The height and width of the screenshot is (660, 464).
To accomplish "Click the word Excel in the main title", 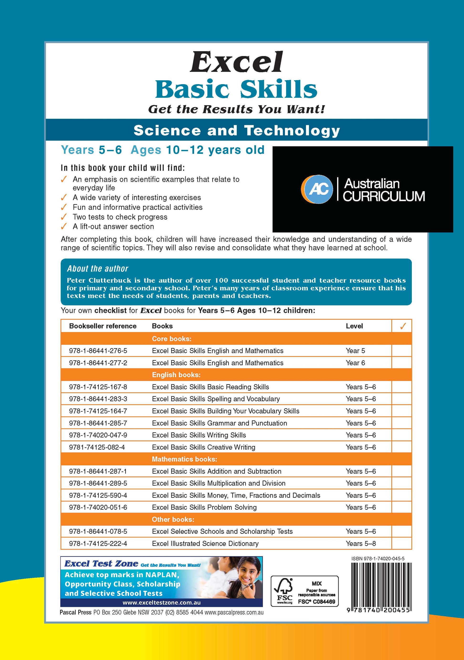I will [236, 62].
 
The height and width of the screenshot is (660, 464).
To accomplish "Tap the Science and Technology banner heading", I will [237, 130].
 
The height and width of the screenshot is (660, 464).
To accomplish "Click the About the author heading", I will [98, 269].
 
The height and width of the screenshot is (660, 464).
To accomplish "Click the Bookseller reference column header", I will [103, 326].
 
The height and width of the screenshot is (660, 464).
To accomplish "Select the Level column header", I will [354, 326].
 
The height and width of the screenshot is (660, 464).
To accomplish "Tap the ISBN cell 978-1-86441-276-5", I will [98, 351].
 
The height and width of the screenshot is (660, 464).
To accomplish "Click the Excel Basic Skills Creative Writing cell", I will [204, 447].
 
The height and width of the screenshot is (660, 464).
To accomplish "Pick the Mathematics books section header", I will [184, 459].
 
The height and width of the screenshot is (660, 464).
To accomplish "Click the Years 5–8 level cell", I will [361, 544].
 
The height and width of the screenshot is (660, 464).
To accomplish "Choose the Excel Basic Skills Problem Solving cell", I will [204, 507].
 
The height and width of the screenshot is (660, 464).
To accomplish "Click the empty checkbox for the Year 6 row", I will [402, 363].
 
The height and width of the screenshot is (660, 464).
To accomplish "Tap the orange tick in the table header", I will [403, 326].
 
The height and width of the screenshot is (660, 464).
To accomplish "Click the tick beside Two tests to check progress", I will [64, 217].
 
